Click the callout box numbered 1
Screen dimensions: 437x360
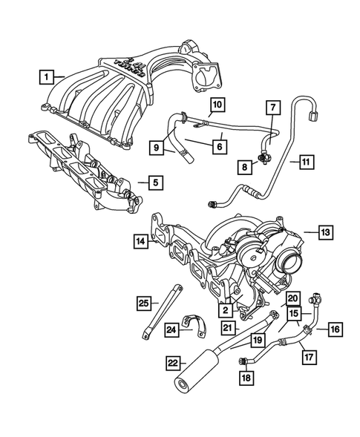pos(47,76)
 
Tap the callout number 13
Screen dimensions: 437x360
pos(326,232)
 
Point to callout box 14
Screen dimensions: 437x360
pos(140,240)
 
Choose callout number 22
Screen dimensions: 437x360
pos(173,363)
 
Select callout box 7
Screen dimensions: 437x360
pos(272,109)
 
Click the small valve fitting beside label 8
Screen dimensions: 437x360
pos(262,155)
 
